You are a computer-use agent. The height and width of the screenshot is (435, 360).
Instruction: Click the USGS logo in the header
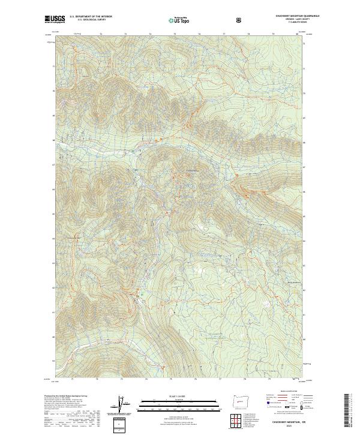pyautogui.click(x=55, y=19)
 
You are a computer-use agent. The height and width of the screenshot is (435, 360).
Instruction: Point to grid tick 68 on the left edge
pyautogui.click(x=53, y=140)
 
